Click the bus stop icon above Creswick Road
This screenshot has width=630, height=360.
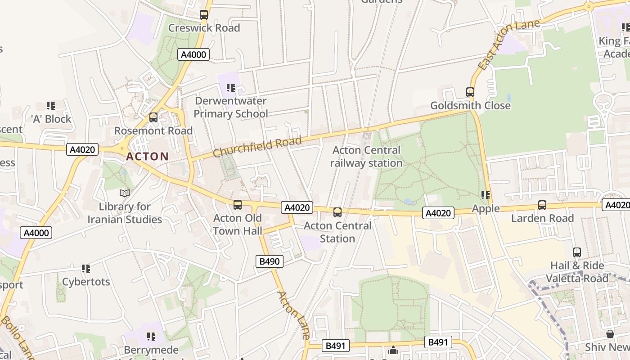(204, 15)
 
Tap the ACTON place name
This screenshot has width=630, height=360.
(148, 157)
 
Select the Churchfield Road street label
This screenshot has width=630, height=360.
(257, 147)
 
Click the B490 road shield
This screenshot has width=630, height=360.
(270, 261)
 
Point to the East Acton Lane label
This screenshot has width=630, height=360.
(508, 45)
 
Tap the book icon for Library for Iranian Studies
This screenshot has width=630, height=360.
(125, 193)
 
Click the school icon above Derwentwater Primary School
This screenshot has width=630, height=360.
(231, 88)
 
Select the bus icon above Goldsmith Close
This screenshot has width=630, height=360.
(470, 92)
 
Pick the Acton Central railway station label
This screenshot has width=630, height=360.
(366, 156)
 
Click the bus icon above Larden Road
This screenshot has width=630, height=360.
(542, 205)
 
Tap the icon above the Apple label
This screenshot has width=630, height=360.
(486, 195)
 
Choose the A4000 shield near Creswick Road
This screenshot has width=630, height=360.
(193, 55)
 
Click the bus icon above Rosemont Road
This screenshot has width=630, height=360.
(153, 117)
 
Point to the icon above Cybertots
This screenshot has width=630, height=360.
(86, 269)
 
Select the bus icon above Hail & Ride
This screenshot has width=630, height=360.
(577, 252)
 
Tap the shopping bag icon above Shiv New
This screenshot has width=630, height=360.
(610, 334)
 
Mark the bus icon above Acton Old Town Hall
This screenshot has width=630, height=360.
(238, 205)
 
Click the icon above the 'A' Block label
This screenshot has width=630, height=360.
(51, 106)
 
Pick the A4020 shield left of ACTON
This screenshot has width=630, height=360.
(82, 149)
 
